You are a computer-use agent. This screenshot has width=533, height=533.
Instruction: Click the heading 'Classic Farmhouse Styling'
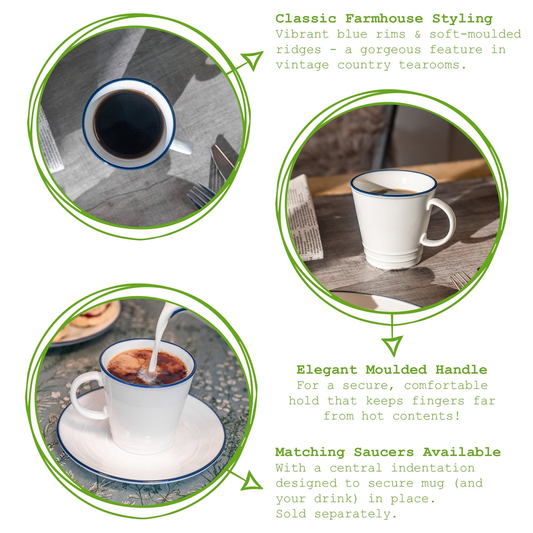pyautogui.click(x=384, y=18)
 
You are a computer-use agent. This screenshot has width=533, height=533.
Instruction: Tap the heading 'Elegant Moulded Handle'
pyautogui.click(x=391, y=370)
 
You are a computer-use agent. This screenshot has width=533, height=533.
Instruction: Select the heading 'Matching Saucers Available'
pyautogui.click(x=388, y=452)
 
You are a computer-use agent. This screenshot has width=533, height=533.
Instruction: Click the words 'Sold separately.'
pyautogui.click(x=336, y=514)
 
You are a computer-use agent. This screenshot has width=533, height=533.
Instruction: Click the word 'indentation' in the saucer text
pyautogui.click(x=433, y=468)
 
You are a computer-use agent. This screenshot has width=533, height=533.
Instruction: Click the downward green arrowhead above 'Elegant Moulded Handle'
pyautogui.click(x=392, y=345)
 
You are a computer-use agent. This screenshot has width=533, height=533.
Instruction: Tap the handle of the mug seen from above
pyautogui.click(x=182, y=146)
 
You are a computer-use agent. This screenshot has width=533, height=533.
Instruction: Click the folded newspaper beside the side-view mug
pyautogui.click(x=304, y=218)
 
